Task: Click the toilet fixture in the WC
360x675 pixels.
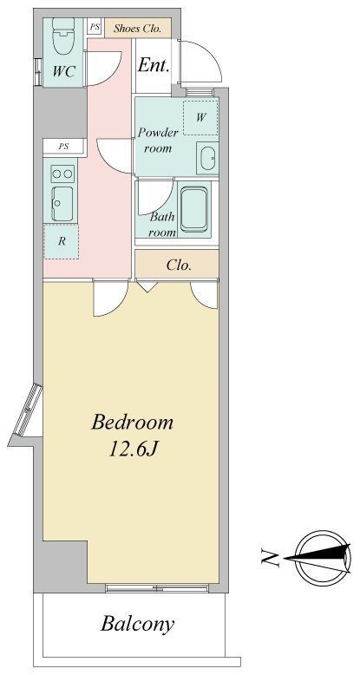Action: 62,36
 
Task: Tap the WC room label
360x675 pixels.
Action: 63,71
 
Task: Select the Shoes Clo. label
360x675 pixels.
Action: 137,29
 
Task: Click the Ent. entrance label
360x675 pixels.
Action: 153,66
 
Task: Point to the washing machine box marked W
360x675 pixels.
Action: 200,117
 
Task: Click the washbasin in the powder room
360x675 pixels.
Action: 208,159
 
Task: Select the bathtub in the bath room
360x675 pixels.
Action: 193,209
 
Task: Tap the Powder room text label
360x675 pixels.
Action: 158,141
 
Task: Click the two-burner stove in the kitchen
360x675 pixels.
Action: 62,174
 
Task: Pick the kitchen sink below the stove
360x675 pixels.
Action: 62,204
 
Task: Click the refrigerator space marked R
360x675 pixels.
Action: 61,241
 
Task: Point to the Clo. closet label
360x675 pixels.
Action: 179,265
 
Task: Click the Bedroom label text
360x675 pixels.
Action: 132,422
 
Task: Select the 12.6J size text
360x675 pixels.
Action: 132,449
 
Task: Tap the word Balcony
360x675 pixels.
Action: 138,623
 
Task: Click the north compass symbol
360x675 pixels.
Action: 322,559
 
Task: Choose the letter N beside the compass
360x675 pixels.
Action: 270,559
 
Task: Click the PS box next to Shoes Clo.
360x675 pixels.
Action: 95,27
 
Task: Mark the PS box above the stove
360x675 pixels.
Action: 63,147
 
